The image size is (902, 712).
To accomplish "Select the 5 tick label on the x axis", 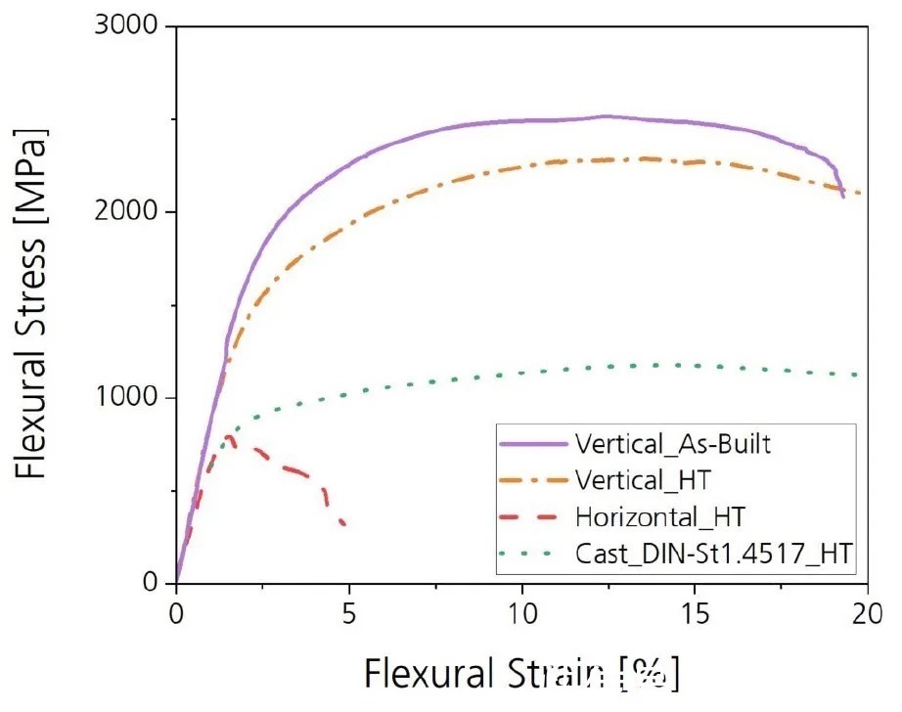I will (x=349, y=615).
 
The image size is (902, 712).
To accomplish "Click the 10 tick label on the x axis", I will (x=522, y=615).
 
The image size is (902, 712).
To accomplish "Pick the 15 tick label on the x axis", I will (x=696, y=615).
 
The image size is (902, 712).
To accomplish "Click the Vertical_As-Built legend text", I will (x=674, y=445).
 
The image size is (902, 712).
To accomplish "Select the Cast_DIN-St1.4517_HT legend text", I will (x=715, y=555).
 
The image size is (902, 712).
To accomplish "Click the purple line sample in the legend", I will (x=532, y=445).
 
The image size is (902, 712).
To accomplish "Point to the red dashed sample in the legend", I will (x=532, y=517).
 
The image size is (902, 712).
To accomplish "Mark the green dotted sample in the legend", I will (x=532, y=555).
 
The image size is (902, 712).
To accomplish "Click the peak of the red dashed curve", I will (x=229, y=436).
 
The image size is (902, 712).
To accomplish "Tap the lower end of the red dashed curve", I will (x=343, y=524).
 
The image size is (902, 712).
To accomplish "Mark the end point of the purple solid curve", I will (x=842, y=198).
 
